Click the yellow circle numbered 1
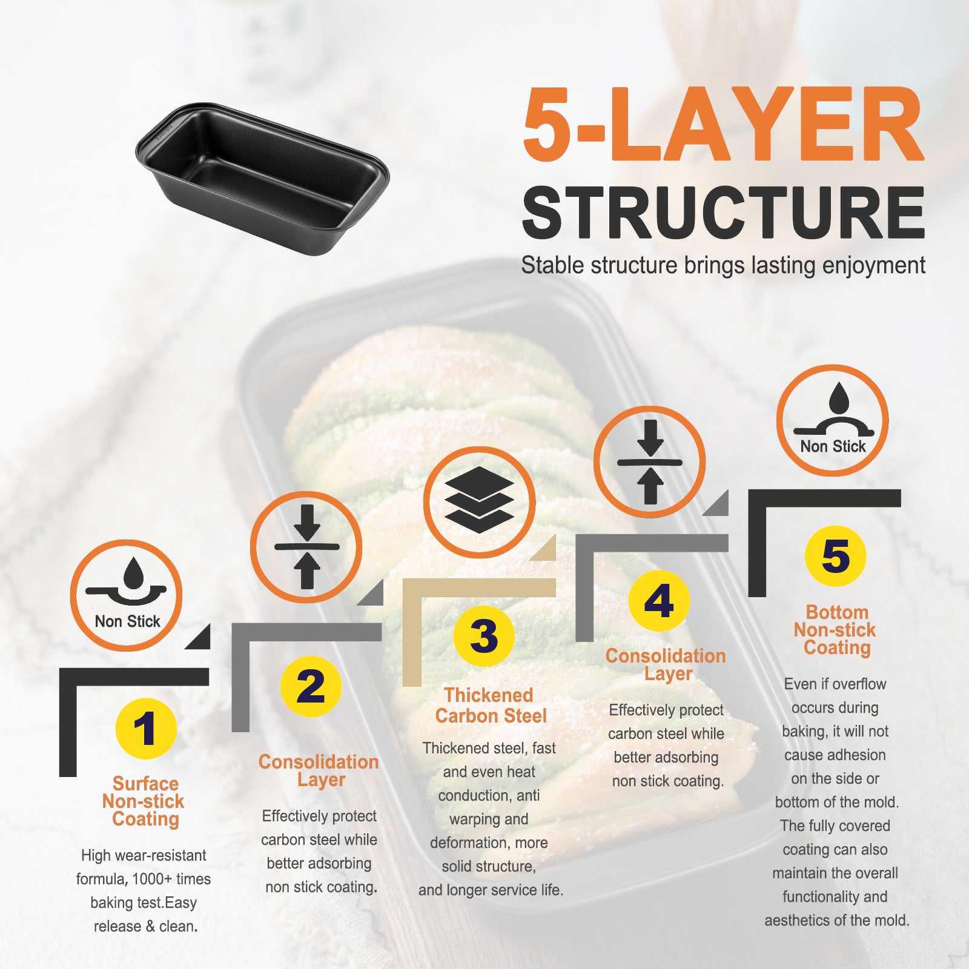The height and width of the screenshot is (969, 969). pos(145,728)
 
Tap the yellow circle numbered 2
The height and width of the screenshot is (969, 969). pos(311,686)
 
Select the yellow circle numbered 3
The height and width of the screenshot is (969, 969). pos(484,636)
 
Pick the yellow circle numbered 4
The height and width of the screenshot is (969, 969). pos(659,601)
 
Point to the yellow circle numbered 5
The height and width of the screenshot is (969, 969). pos(836,555)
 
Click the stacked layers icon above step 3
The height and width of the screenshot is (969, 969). pos(479,502)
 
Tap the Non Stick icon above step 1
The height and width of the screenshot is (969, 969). pos(126,595)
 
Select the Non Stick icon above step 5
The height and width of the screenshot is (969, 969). pos(832,420)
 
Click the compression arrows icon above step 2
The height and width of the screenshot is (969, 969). pos(306,547)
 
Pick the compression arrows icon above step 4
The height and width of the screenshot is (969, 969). pos(649,462)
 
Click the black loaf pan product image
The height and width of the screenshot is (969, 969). pos(262,178)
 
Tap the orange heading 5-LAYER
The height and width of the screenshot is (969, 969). pos(723,125)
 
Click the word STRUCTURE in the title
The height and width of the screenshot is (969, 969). pos(723,213)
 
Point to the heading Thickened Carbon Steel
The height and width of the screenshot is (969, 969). pos(490,706)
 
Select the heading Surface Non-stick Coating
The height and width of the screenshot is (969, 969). pos(144,801)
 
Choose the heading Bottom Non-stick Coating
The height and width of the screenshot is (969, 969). pos(836,630)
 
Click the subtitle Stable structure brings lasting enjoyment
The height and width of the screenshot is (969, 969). pos(723,265)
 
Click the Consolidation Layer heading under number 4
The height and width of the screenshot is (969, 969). pos(666,664)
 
